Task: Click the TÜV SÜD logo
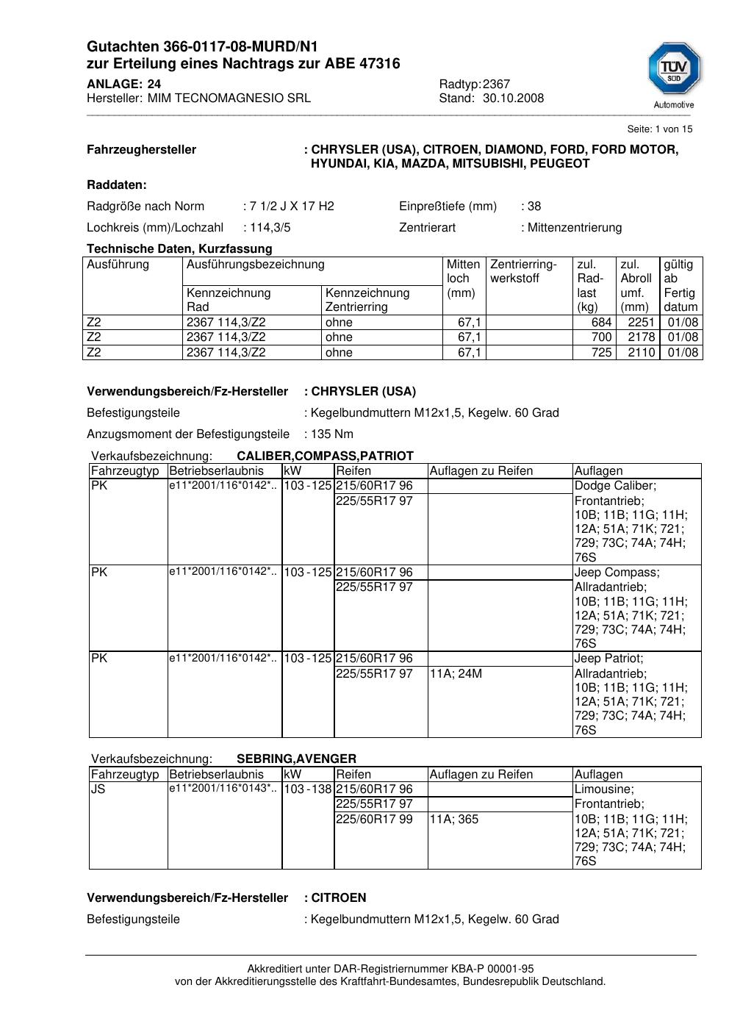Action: point(674,71)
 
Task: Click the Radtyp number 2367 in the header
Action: point(496,85)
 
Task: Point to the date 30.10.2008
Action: point(513,98)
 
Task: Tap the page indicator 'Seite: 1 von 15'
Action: point(659,129)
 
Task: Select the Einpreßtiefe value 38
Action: point(534,207)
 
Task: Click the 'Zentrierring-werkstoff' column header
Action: point(523,271)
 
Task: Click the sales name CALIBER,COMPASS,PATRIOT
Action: point(325,456)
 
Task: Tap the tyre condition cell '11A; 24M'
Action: point(456,673)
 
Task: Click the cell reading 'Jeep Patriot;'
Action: point(608,659)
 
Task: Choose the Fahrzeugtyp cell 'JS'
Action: point(98,789)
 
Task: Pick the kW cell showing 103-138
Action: point(308,789)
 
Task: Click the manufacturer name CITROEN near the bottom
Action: point(339,898)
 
